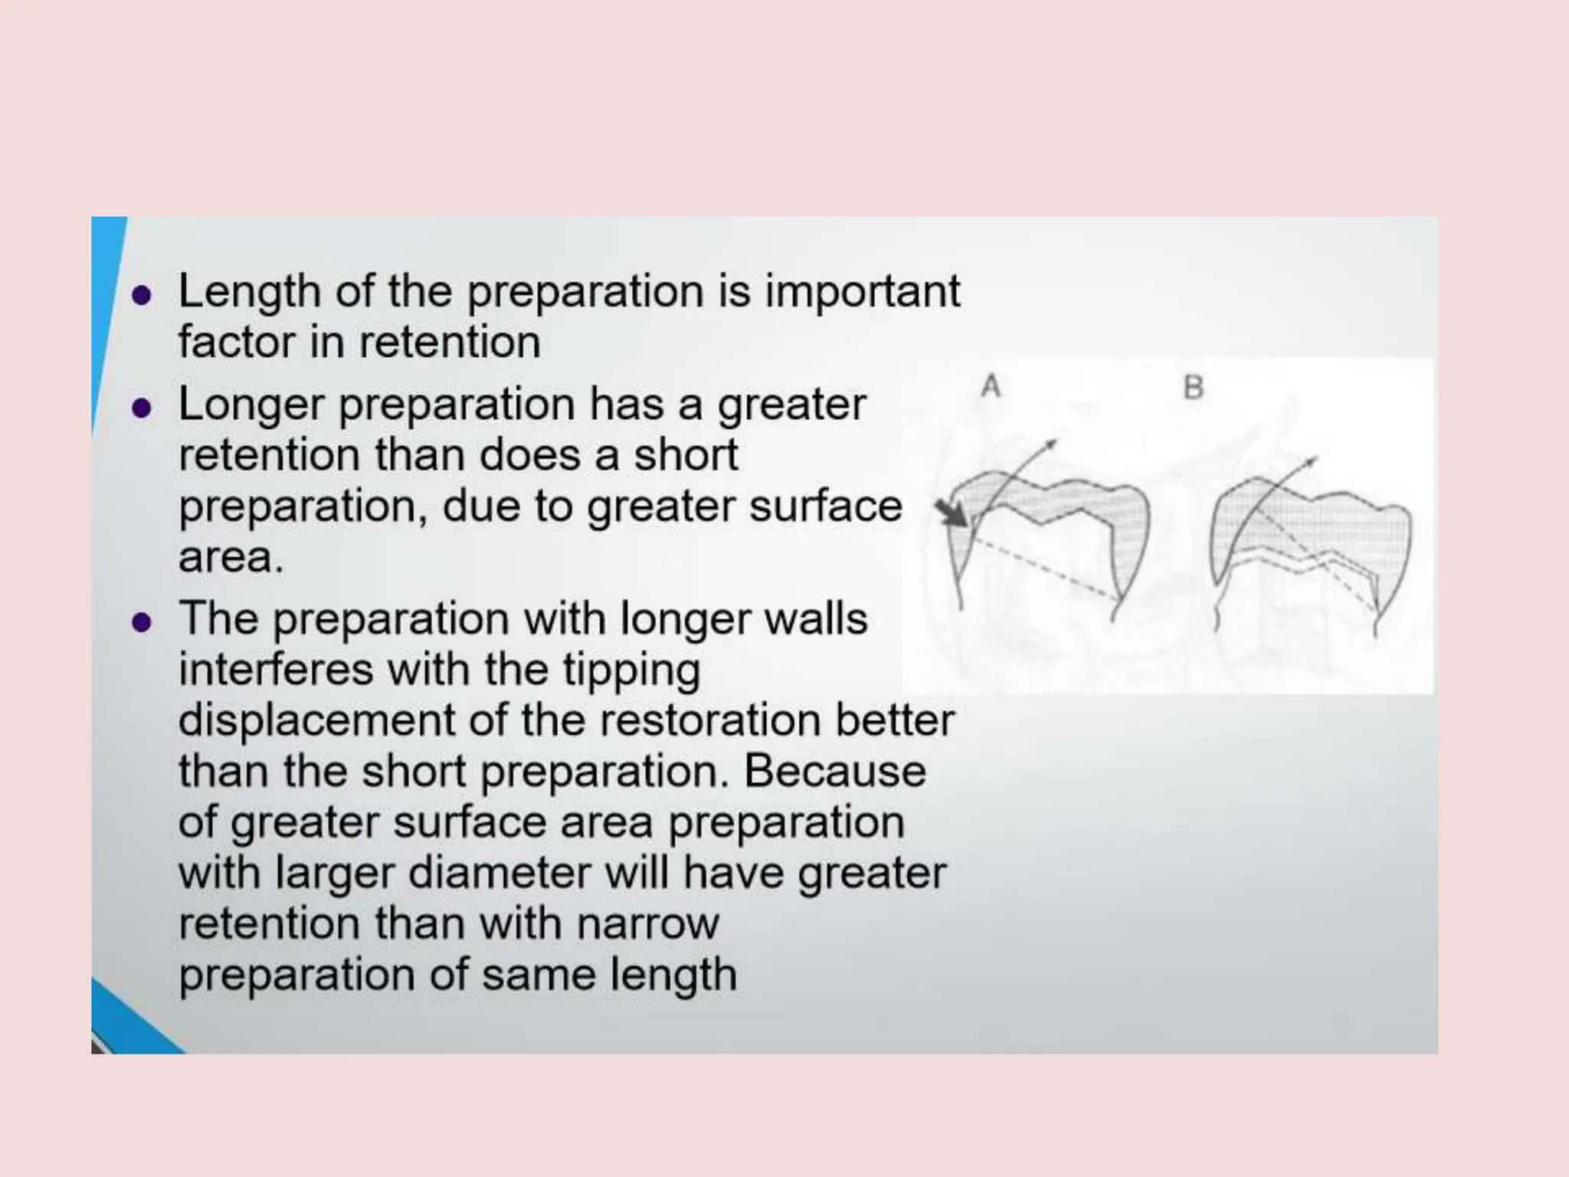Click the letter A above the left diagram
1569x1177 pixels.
991,386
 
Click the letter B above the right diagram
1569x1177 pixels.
1193,388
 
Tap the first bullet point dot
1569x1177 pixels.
141,296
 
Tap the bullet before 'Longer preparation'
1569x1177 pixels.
141,408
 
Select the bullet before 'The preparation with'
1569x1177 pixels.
141,621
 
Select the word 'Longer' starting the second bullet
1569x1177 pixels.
251,405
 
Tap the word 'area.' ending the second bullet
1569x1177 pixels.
231,557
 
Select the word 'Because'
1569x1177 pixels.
835,771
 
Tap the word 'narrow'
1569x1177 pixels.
647,923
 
